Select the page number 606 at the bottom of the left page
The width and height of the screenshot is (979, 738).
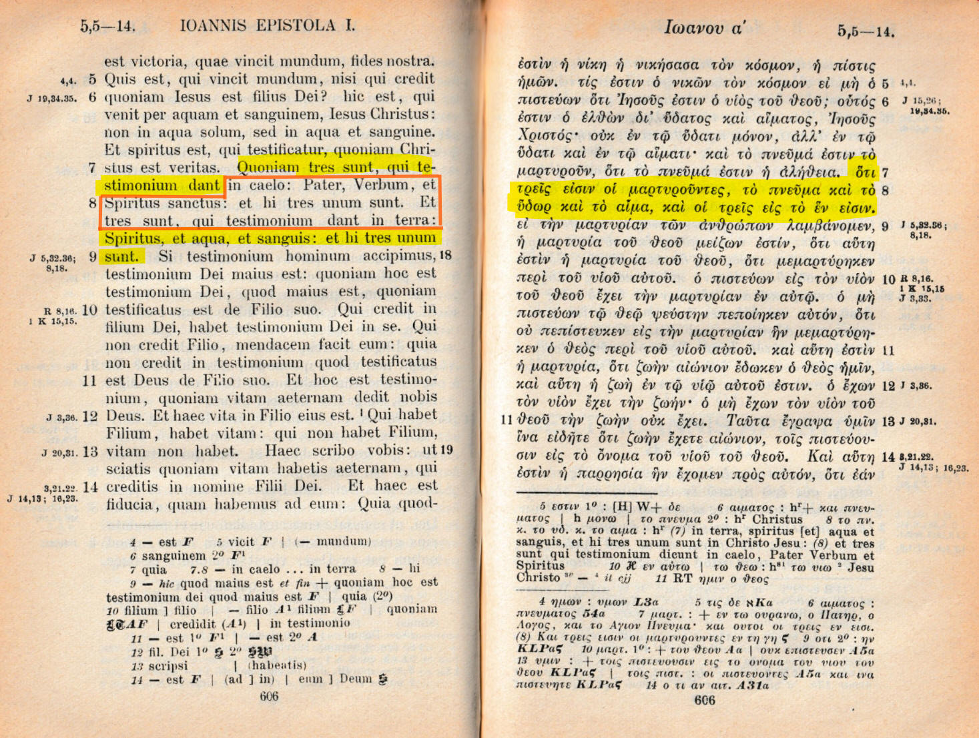(x=269, y=697)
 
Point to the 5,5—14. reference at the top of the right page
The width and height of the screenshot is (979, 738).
(x=866, y=31)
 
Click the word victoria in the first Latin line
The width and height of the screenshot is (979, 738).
(x=157, y=61)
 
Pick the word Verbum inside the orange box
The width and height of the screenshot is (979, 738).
(x=380, y=185)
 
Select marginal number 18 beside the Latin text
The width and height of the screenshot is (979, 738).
(x=445, y=256)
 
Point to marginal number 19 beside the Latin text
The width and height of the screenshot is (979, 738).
(x=446, y=450)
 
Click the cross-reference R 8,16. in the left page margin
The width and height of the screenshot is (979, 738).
(x=60, y=310)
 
